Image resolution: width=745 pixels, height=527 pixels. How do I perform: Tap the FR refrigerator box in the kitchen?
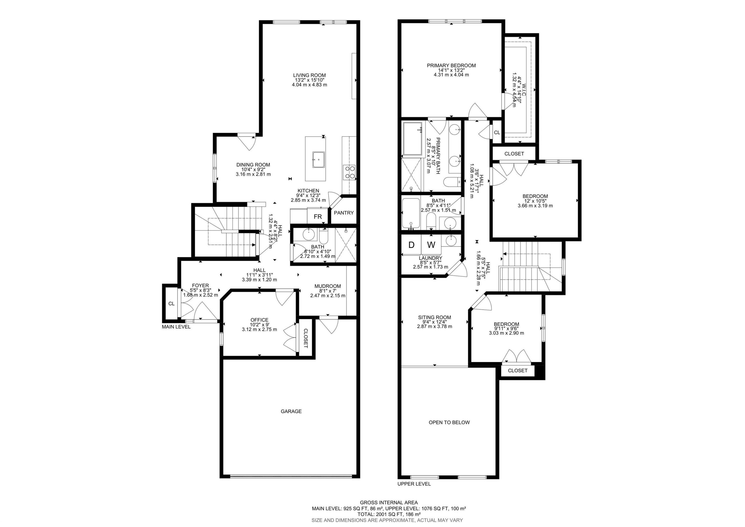(x=318, y=216)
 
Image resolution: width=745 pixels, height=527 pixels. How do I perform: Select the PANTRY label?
(x=344, y=213)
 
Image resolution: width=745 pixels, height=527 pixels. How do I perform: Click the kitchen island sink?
(x=319, y=159)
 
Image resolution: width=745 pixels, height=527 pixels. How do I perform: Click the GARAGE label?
(x=291, y=411)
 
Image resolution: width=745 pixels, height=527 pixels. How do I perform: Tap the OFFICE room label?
(x=259, y=320)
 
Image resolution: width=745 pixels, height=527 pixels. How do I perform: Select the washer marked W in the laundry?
(x=431, y=245)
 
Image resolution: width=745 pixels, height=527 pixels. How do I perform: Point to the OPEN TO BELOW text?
(x=449, y=422)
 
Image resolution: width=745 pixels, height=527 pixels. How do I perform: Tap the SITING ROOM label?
(x=435, y=317)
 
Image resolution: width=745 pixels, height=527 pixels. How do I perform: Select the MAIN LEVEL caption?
(x=176, y=327)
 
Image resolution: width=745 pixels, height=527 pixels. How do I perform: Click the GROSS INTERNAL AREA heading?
(x=389, y=503)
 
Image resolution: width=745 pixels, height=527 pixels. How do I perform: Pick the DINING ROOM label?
(x=253, y=165)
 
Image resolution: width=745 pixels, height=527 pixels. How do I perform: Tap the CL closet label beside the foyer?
(x=171, y=304)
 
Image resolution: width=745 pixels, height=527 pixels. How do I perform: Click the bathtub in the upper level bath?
(x=411, y=213)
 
